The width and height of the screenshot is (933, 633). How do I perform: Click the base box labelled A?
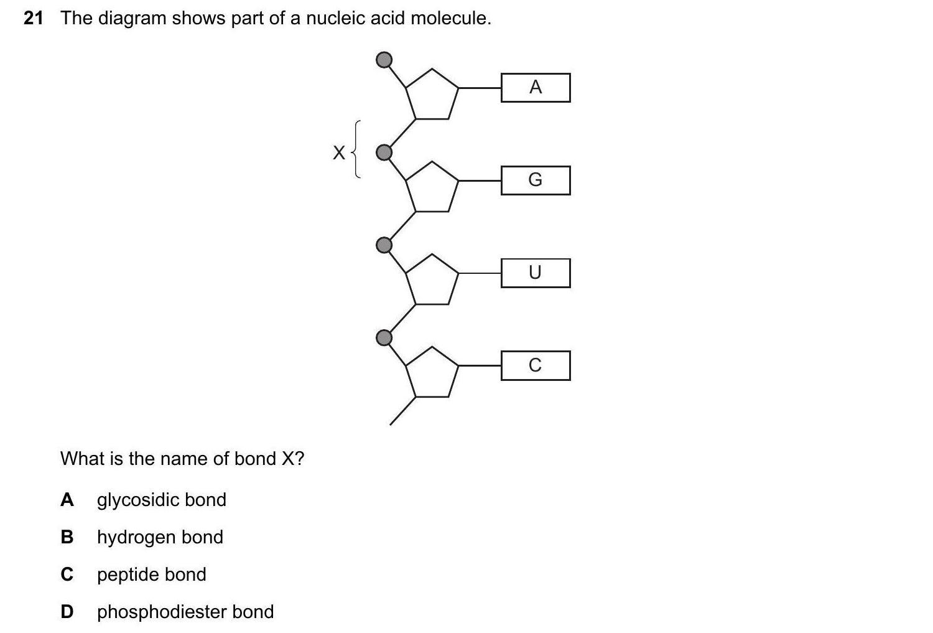pos(536,88)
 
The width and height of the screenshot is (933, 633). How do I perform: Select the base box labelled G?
pos(536,181)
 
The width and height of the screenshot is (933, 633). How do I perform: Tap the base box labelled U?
pos(536,273)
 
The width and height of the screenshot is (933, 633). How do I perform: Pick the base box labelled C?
pos(536,365)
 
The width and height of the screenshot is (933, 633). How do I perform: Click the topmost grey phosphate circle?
pos(385,60)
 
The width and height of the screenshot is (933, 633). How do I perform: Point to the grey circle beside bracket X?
pos(385,152)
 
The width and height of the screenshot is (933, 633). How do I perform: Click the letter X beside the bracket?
pos(338,152)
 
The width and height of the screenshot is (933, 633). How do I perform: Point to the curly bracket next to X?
pos(356,150)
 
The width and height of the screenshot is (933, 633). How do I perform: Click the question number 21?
pos(34,19)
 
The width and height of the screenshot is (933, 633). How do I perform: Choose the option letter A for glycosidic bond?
pos(67,500)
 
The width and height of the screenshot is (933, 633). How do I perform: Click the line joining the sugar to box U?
pos(480,273)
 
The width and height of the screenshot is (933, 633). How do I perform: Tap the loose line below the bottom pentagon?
pos(402,411)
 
